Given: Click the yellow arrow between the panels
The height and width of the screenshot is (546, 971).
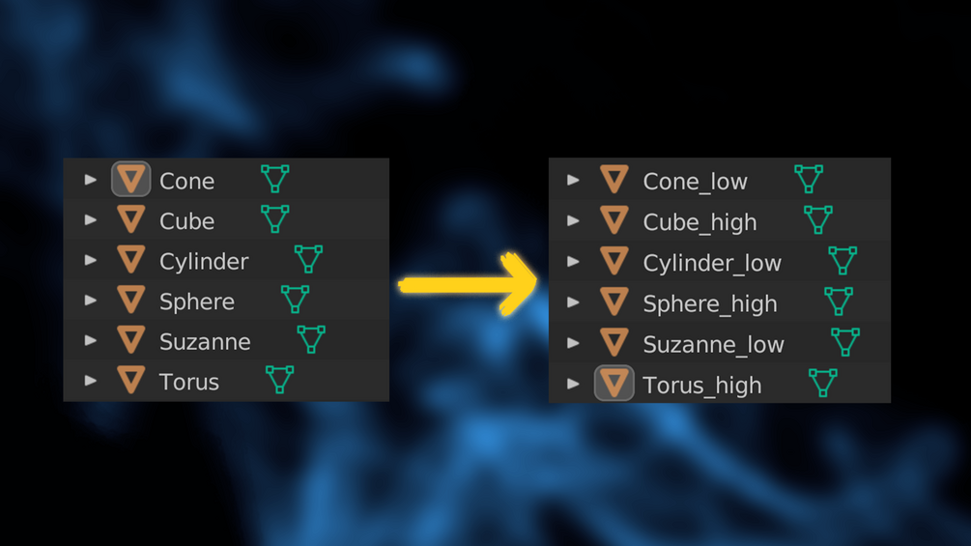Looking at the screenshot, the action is click(468, 285).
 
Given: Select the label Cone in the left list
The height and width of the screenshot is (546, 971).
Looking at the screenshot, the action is click(187, 181).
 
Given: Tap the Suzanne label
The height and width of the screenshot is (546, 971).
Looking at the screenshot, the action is click(205, 342).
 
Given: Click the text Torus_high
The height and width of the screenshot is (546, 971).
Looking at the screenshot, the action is click(702, 386).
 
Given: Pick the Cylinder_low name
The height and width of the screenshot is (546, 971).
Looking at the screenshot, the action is click(712, 264).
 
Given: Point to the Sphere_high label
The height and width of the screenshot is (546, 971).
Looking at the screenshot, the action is click(710, 304).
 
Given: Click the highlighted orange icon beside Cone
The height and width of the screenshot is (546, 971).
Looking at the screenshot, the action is click(130, 179).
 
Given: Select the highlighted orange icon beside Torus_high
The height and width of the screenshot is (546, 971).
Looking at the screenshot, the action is click(614, 383).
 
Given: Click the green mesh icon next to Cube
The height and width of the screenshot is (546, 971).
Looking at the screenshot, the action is click(275, 219).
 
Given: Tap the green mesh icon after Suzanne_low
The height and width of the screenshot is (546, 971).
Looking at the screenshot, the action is click(844, 342).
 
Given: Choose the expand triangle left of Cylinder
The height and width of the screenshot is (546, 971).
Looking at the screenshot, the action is click(91, 260).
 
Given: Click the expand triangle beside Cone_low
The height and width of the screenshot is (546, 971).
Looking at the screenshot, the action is click(574, 180).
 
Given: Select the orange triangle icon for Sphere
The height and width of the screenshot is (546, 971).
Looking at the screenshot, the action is click(130, 300).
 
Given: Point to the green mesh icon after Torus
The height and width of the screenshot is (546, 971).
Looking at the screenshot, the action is click(279, 380).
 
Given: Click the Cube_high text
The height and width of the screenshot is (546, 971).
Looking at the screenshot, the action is click(700, 222).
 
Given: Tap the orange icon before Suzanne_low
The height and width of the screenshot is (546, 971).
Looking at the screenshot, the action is click(614, 342).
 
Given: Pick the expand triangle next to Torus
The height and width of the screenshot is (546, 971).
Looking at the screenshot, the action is click(91, 380).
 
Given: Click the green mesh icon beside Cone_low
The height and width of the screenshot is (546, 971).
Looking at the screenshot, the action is click(809, 179).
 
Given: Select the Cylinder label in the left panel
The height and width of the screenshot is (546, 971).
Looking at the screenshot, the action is click(204, 262).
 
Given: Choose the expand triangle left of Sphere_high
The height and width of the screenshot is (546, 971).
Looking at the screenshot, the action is click(574, 302).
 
